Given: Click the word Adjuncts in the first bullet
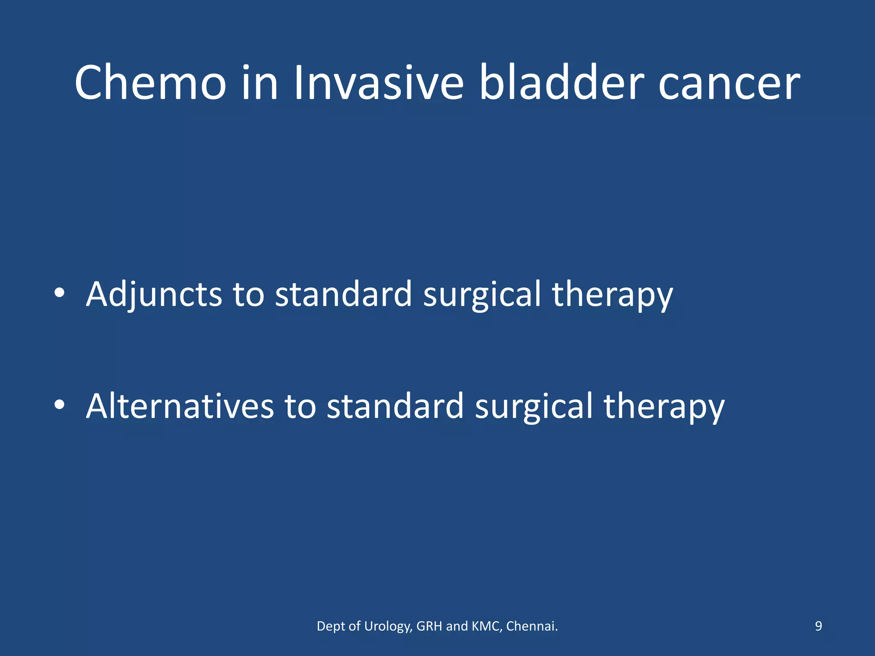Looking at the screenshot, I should [x=154, y=295].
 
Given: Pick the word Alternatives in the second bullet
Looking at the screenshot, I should [x=179, y=406].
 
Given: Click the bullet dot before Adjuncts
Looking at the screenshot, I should [x=59, y=293].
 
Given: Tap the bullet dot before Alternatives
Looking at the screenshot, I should [x=59, y=404].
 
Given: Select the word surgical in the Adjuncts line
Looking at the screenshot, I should [x=482, y=295].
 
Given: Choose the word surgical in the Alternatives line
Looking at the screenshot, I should [x=534, y=406].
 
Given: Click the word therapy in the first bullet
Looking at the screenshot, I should [x=612, y=295].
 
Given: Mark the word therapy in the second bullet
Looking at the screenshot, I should [x=664, y=406].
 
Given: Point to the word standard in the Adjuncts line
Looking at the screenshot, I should [x=344, y=295].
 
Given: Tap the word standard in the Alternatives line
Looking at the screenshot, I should [x=395, y=406].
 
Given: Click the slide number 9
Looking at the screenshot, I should [x=818, y=626].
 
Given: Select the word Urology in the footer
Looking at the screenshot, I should [x=388, y=627].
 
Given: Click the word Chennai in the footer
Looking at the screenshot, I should [x=531, y=626].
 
